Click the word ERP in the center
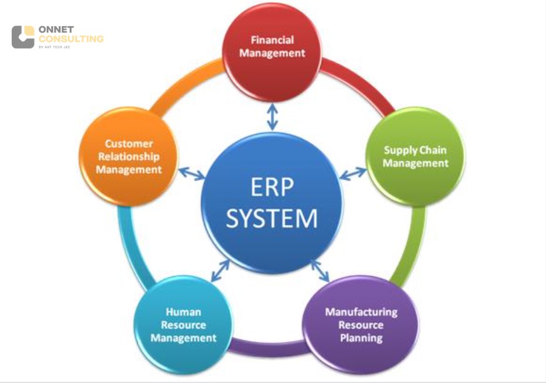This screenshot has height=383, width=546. click(x=272, y=187)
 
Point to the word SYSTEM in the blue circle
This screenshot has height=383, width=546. click(x=272, y=219)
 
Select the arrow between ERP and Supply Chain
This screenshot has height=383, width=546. click(x=353, y=174)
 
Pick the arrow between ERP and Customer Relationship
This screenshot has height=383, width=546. click(x=192, y=174)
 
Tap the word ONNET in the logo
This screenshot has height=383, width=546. click(x=53, y=29)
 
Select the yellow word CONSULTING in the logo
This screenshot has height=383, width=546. click(x=71, y=39)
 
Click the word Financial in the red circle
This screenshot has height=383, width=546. click(x=272, y=40)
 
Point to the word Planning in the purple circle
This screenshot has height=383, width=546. click(x=361, y=337)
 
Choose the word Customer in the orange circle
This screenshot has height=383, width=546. click(x=129, y=143)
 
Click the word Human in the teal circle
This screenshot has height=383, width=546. click(x=183, y=312)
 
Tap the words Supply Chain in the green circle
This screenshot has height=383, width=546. click(x=415, y=150)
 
